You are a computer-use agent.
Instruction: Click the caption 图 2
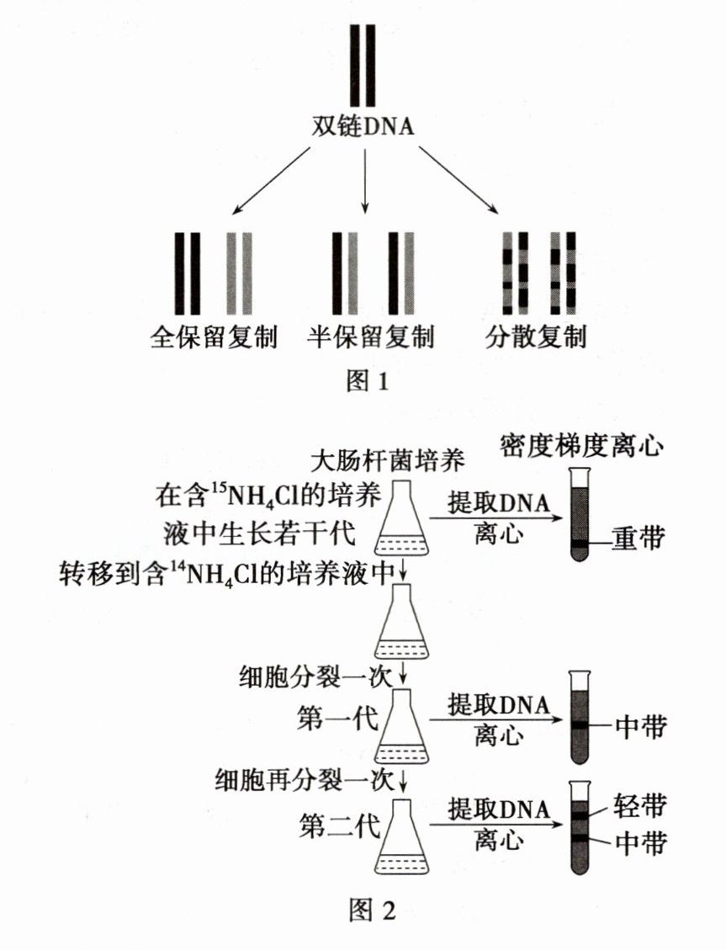[370, 910]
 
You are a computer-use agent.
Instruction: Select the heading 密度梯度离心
[582, 444]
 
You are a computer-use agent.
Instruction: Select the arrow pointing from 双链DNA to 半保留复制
[364, 180]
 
